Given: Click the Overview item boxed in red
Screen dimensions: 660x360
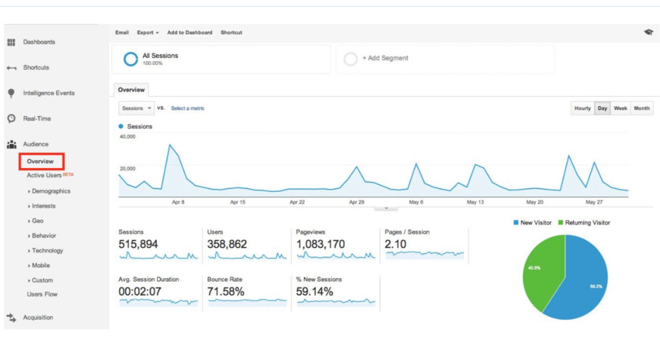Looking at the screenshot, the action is (x=40, y=161).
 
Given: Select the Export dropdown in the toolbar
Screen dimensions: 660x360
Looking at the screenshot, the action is (x=148, y=32).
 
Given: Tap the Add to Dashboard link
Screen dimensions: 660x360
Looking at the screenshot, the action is (x=190, y=32).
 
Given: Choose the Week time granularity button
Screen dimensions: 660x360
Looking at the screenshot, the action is (x=620, y=108).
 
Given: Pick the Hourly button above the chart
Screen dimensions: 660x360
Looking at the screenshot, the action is (x=583, y=108).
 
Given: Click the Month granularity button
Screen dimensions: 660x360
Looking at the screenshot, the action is (x=642, y=108).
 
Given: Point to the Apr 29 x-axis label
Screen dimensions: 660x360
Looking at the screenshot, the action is (x=357, y=202).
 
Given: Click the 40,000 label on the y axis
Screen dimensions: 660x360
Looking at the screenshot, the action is (x=128, y=137).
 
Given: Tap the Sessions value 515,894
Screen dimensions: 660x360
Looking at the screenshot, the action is (x=138, y=244).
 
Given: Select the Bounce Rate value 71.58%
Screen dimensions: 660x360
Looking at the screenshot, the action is (x=226, y=292).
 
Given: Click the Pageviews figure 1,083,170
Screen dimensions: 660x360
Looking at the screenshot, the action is (x=320, y=244).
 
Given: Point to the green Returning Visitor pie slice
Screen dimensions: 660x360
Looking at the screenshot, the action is (x=542, y=271).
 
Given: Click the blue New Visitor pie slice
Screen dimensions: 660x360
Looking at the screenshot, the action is (x=584, y=283).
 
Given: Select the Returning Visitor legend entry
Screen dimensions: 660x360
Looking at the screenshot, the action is (x=584, y=223).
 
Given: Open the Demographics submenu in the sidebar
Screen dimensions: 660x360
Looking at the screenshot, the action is (x=51, y=191).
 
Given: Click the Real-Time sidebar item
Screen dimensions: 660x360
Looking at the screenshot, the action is (x=37, y=119).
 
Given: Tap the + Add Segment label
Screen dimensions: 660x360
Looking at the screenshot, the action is (x=385, y=58).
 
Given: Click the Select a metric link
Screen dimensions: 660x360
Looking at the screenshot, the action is (x=188, y=108).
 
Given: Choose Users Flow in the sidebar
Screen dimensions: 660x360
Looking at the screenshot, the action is (x=42, y=294).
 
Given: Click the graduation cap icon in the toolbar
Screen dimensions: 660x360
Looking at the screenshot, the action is (x=648, y=32).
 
